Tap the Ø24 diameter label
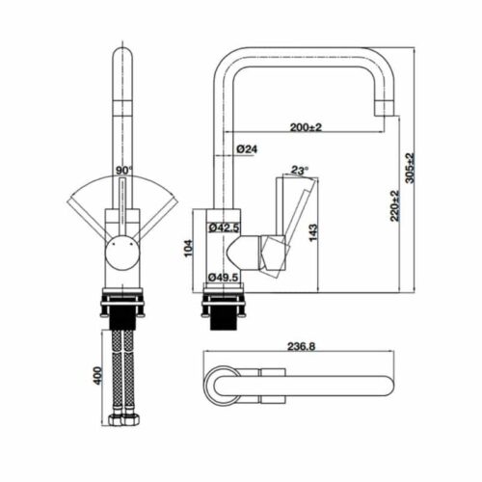click(247, 148)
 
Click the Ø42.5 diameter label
click(224, 228)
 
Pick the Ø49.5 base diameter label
click(224, 279)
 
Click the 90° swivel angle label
click(123, 171)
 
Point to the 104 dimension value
click(189, 250)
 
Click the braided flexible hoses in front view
click(122, 371)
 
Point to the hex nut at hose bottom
click(122, 422)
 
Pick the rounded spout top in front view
click(122, 55)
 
